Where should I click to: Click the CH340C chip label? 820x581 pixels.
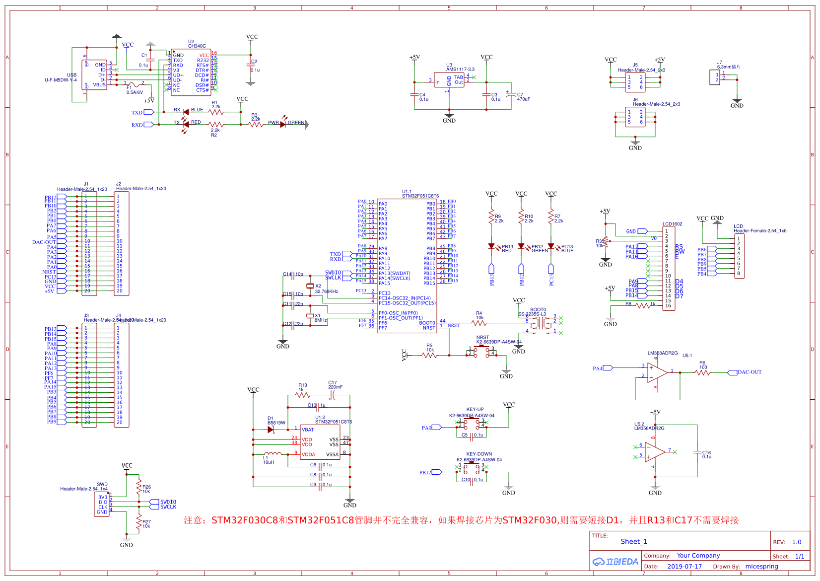[197, 46]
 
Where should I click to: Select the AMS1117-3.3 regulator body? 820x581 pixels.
[449, 80]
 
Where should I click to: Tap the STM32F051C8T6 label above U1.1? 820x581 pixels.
[420, 196]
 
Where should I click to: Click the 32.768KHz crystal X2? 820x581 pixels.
[311, 286]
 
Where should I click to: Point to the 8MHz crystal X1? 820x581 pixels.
[310, 316]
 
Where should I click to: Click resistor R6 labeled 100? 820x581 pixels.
[702, 372]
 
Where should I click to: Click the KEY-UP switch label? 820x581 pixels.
[475, 410]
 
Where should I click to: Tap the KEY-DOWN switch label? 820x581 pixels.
[479, 454]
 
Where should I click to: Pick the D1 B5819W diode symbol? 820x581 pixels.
[271, 430]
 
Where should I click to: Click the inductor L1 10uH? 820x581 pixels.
[273, 454]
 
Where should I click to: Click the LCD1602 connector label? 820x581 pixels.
[673, 224]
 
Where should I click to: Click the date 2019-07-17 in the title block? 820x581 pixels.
[684, 566]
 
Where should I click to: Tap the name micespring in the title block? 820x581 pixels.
[761, 566]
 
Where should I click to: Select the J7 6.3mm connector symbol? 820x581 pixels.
[715, 77]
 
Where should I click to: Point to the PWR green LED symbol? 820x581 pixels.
[283, 124]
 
